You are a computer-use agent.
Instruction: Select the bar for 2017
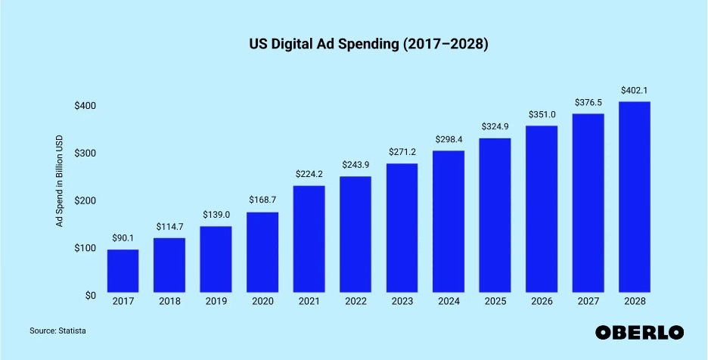click(x=123, y=271)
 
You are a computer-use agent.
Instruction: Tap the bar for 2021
click(x=309, y=239)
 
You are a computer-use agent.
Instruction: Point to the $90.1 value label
click(x=123, y=238)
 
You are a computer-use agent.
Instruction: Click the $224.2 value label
click(x=309, y=174)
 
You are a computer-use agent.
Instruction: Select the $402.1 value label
click(x=634, y=90)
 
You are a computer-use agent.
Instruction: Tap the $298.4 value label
click(x=449, y=139)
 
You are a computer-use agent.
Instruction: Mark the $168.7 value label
click(x=262, y=200)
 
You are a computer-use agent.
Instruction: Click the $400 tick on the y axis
click(x=85, y=106)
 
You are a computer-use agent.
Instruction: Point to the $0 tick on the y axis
click(x=89, y=296)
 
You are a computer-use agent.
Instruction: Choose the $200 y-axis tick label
click(x=85, y=201)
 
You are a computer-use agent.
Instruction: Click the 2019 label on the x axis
click(x=216, y=303)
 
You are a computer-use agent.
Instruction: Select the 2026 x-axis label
click(x=541, y=303)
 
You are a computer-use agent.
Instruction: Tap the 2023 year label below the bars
click(x=402, y=303)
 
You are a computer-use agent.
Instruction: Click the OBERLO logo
click(x=639, y=332)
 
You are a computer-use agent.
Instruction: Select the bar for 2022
click(x=355, y=234)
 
